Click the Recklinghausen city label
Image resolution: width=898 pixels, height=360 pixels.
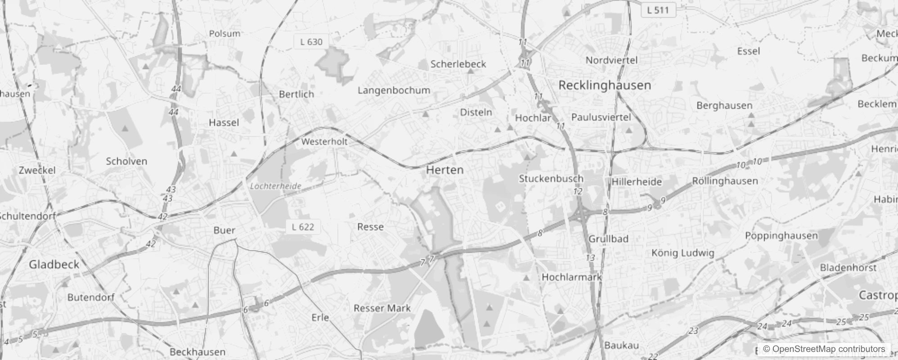[x=604, y=85]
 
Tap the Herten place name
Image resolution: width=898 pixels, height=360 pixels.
[x=445, y=170]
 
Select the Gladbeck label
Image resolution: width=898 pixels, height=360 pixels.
[x=54, y=265]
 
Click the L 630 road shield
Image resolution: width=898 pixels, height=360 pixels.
[x=311, y=42]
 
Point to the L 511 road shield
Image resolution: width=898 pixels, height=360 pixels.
[x=658, y=10]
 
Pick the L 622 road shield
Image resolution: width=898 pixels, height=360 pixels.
[x=303, y=227]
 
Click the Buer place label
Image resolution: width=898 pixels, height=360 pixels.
[x=224, y=230]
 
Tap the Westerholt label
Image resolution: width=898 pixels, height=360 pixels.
[x=324, y=142]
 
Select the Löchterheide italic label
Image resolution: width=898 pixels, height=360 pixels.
[x=275, y=186]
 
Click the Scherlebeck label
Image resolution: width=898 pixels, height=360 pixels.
[x=458, y=64]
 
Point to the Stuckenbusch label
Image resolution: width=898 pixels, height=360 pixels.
[x=551, y=179]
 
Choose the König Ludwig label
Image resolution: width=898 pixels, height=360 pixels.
[x=682, y=253]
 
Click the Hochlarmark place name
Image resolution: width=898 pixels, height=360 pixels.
[x=571, y=277]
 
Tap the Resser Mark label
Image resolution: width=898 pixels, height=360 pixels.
[x=382, y=308]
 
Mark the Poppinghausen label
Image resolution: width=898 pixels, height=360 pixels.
[x=781, y=236]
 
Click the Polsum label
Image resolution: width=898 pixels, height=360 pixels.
[x=224, y=34]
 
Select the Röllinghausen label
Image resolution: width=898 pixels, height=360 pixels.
[x=724, y=181]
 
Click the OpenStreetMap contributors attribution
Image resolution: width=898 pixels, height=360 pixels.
[x=824, y=349]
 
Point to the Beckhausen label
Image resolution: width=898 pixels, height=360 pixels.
[x=198, y=352]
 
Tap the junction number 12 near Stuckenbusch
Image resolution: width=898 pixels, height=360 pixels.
[x=578, y=192]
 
